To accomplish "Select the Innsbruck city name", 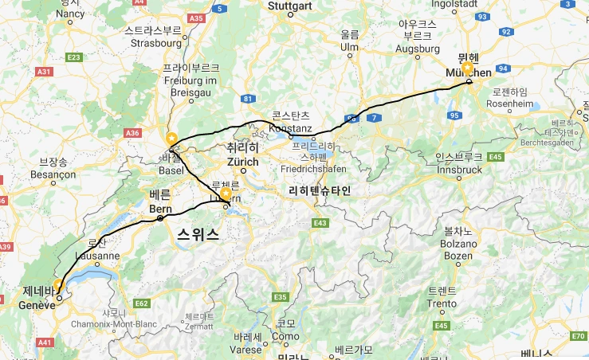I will click(460, 170).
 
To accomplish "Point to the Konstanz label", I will click(290, 127).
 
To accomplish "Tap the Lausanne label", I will click(97, 256).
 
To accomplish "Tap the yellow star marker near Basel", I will click(170, 137).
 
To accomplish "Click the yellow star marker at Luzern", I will click(226, 193).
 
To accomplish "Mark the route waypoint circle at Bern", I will click(160, 218).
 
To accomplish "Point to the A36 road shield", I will click(132, 133).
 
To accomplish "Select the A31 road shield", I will click(44, 72).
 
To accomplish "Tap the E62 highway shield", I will click(143, 303).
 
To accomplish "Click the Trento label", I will click(442, 303).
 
